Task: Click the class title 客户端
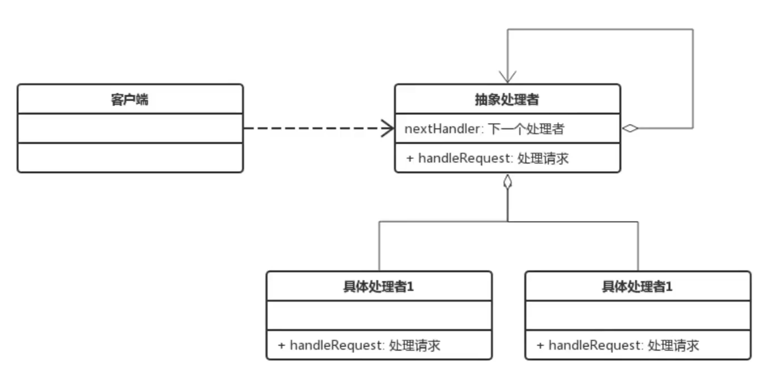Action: click(129, 100)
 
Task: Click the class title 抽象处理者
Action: click(507, 100)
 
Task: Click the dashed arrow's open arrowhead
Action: click(388, 128)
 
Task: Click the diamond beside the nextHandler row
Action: click(630, 128)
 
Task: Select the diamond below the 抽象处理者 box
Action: click(507, 183)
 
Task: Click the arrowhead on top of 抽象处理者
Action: click(507, 77)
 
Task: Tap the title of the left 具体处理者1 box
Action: click(378, 287)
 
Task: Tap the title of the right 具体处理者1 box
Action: click(637, 287)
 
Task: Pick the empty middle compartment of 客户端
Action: click(130, 128)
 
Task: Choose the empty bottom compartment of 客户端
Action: click(130, 158)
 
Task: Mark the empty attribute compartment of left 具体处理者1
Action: click(379, 315)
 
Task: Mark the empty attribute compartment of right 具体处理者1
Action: click(638, 315)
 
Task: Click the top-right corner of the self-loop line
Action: click(693, 29)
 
